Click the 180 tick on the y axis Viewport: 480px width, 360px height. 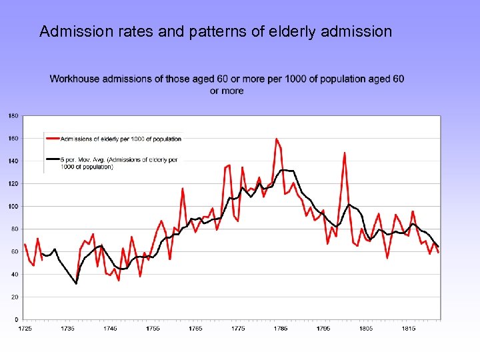(x=13, y=116)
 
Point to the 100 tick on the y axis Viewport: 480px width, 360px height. (x=13, y=207)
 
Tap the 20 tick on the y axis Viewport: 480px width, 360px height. (x=13, y=297)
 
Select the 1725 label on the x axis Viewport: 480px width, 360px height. (x=25, y=329)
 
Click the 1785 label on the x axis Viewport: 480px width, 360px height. (x=281, y=329)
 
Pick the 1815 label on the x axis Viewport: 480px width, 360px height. (x=409, y=329)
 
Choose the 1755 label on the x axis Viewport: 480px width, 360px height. (x=153, y=329)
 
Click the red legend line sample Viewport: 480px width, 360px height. (x=52, y=139)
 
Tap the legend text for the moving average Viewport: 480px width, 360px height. (x=120, y=163)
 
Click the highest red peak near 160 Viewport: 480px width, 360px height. (x=277, y=139)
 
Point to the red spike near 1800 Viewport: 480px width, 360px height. (x=345, y=153)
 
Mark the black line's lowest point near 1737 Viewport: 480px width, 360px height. (x=76, y=283)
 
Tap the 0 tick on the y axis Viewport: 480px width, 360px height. (x=16, y=319)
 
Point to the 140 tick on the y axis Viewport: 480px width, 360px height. (x=13, y=161)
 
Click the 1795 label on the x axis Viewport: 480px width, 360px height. (x=323, y=329)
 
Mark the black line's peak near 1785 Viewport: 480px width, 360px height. (x=283, y=170)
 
